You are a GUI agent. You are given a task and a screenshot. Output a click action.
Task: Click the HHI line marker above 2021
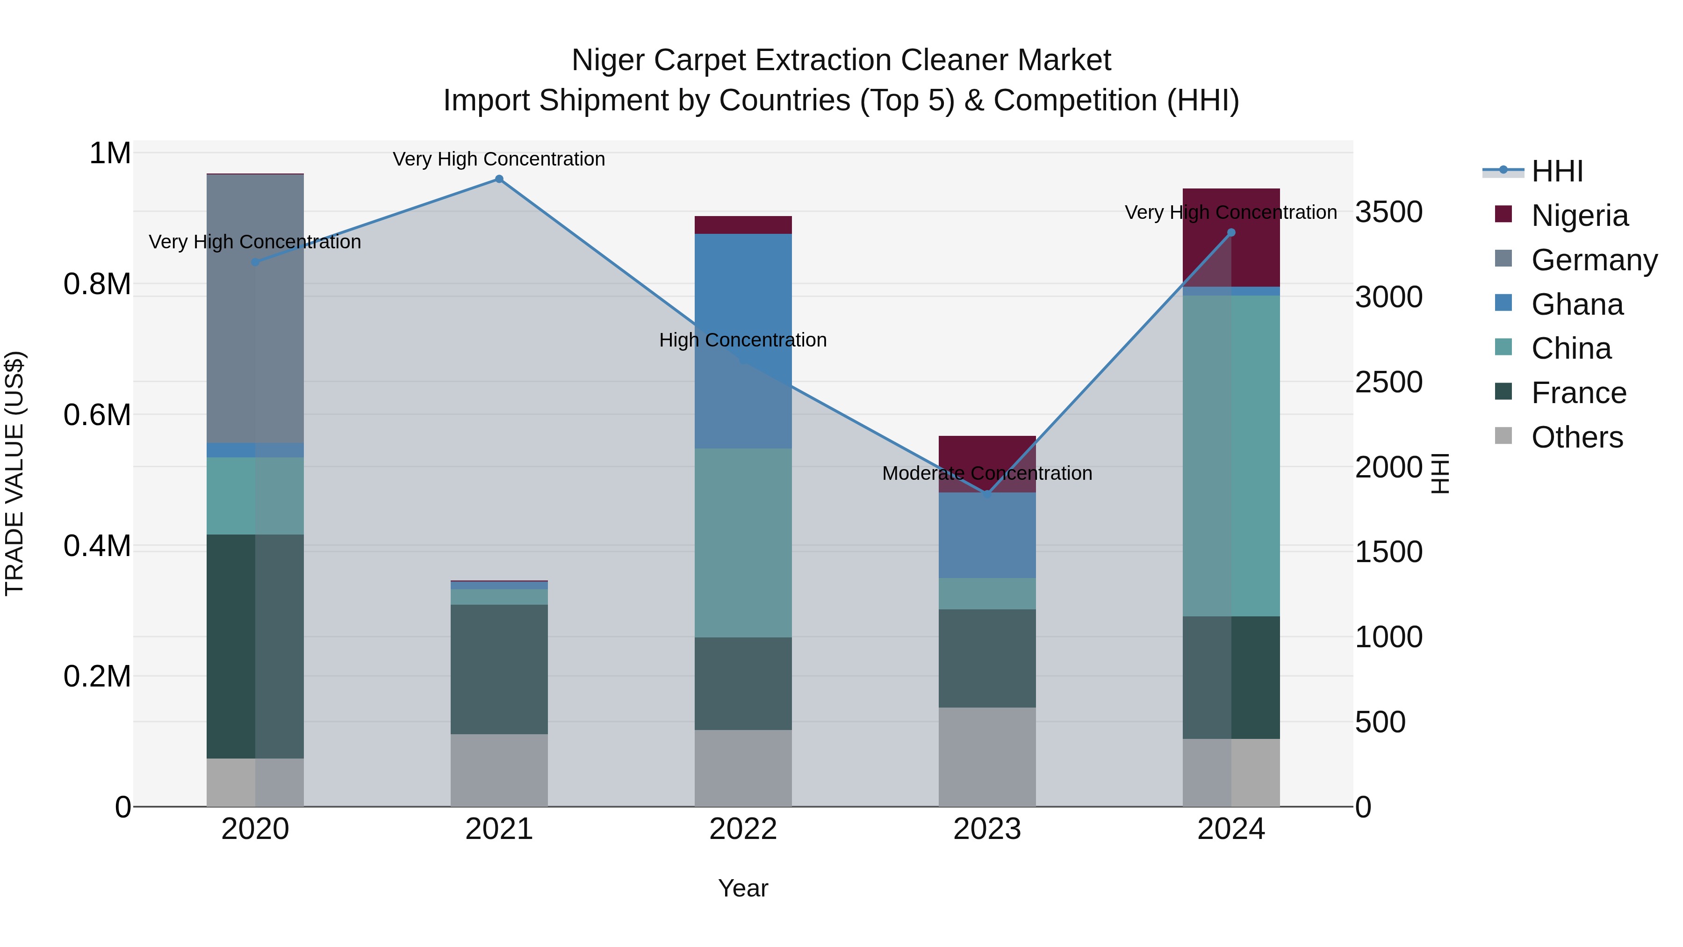coord(499,179)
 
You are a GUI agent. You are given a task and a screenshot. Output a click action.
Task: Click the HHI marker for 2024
coord(1231,233)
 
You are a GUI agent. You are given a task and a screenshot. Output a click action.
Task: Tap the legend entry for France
coord(1578,393)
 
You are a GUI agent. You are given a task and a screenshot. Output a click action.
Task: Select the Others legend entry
coord(1576,437)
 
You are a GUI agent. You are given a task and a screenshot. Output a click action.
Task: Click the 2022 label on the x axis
coord(743,829)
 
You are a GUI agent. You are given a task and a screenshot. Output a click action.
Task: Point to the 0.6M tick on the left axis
coord(97,415)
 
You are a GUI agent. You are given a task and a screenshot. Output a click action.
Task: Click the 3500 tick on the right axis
coord(1388,212)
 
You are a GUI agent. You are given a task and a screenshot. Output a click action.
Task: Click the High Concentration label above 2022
coord(743,340)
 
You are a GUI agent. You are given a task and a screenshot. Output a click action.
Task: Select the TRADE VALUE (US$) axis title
coord(14,473)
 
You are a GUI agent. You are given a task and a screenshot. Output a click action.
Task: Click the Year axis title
coord(743,888)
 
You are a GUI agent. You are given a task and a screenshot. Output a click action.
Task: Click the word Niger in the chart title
coord(609,60)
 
